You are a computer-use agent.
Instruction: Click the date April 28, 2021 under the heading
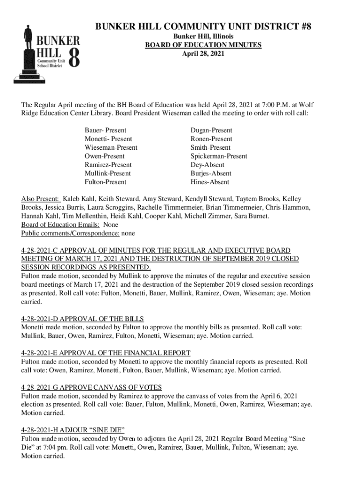coord(203,54)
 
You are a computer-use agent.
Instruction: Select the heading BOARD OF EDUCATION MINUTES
coord(203,45)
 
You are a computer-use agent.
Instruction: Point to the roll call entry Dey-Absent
coord(207,165)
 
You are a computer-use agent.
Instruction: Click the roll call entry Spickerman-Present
coord(219,156)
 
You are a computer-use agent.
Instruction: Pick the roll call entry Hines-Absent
coord(210,182)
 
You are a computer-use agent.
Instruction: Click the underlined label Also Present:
coord(40,198)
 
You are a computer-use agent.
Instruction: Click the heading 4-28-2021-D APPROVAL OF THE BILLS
coord(82,319)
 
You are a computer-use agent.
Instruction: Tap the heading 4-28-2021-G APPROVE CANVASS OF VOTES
coord(92,387)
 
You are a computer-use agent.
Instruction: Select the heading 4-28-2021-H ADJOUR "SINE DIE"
coord(73,430)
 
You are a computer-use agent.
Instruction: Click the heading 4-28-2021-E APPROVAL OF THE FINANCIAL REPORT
coord(106,353)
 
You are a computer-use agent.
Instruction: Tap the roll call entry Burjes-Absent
coord(211,174)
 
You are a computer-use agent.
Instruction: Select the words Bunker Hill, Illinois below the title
coord(203,36)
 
